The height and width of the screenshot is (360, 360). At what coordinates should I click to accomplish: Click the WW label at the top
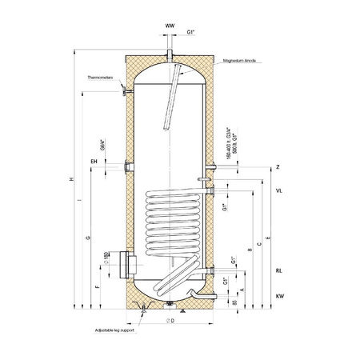[x=169, y=26]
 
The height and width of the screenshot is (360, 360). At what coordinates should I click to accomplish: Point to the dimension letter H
[x=73, y=179]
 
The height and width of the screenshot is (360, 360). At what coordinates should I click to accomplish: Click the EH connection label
[x=94, y=162]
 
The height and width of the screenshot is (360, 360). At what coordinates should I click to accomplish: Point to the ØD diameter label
[x=170, y=320]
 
